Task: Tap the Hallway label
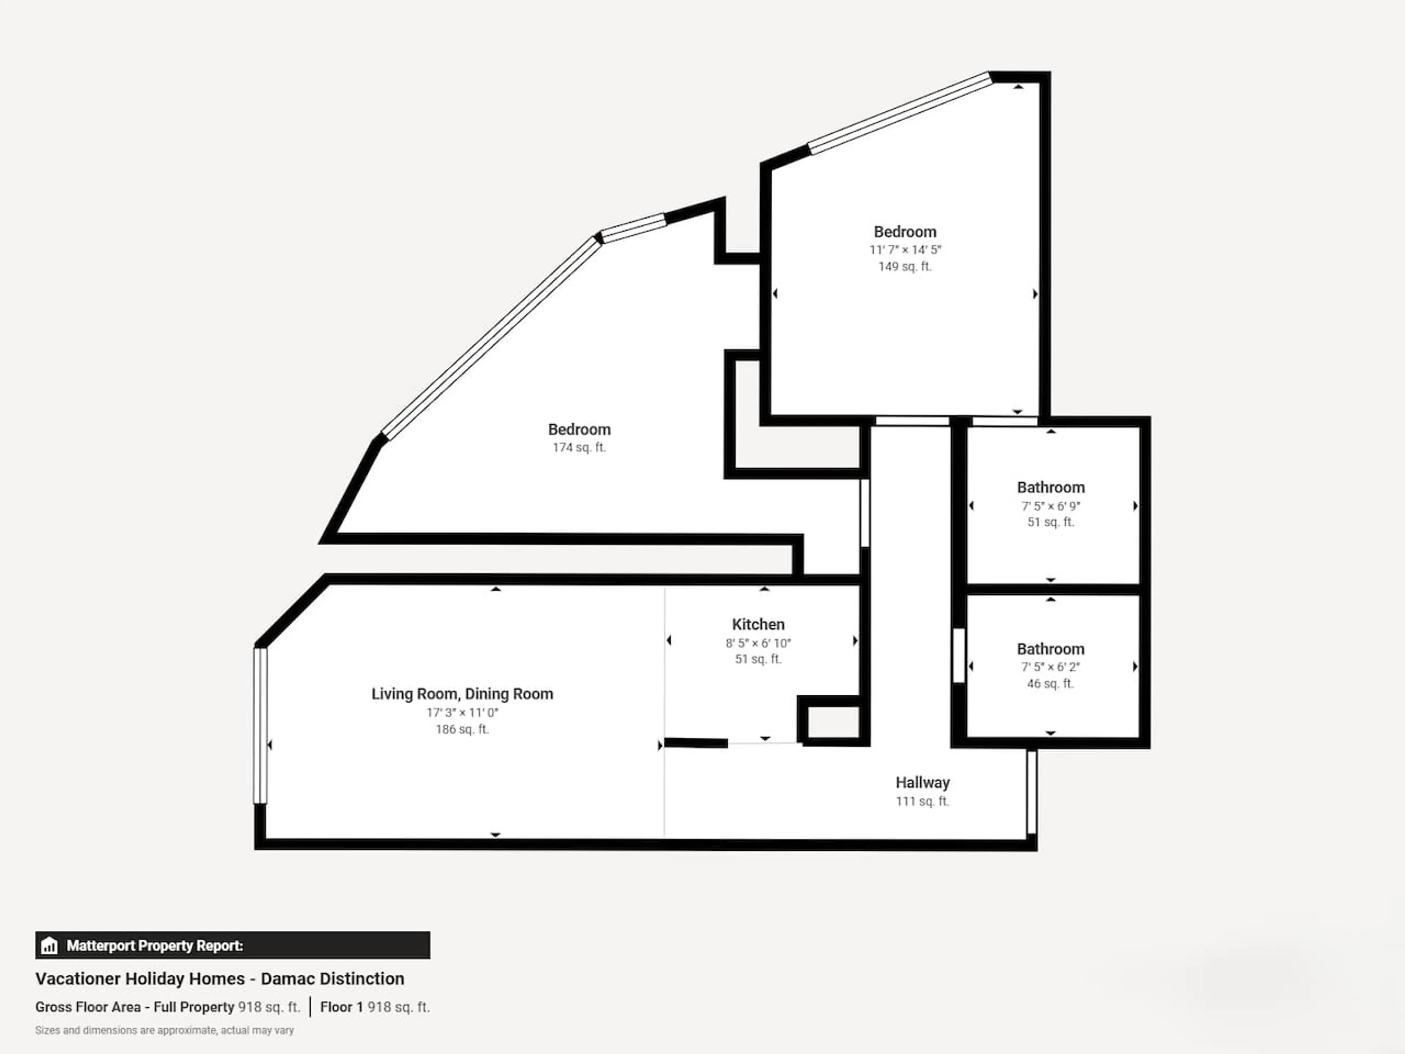click(922, 783)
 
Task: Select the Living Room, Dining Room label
click(462, 694)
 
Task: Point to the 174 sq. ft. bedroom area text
click(579, 447)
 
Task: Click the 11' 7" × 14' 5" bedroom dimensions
click(905, 250)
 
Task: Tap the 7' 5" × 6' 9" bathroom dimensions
click(1050, 507)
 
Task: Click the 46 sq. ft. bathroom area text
click(1050, 684)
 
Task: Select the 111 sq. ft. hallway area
click(922, 801)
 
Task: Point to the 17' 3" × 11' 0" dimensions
click(462, 712)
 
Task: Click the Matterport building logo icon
click(49, 946)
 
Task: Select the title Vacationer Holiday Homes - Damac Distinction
click(220, 978)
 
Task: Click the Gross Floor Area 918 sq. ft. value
click(269, 1007)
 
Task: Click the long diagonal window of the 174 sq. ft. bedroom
click(491, 338)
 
